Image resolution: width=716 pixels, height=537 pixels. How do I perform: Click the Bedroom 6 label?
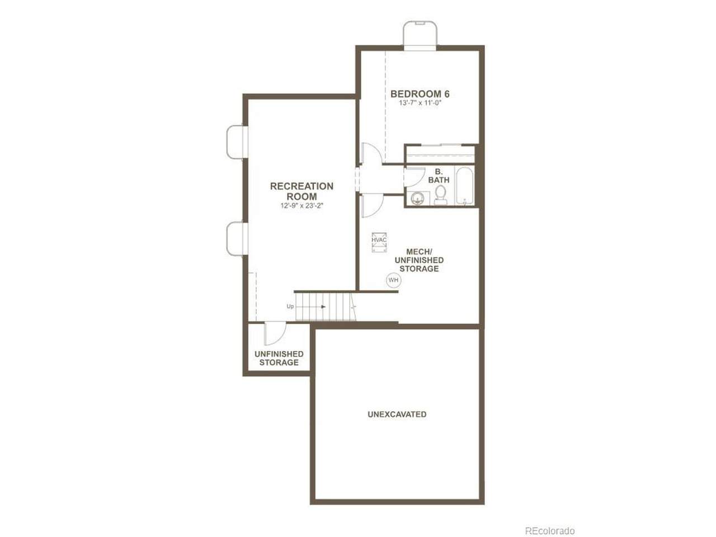[420, 94]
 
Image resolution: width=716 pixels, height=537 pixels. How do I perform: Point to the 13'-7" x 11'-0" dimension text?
[420, 103]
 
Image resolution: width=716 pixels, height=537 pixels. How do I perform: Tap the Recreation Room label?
[302, 191]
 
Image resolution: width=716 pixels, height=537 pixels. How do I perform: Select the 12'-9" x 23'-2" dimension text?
[302, 206]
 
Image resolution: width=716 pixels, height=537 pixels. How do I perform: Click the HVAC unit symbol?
[379, 242]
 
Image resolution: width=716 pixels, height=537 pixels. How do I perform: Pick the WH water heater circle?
[393, 280]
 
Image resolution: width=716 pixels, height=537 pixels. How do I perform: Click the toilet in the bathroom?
[440, 195]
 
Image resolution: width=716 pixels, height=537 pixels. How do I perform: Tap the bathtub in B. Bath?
[464, 186]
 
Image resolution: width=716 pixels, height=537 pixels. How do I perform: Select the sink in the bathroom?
[417, 198]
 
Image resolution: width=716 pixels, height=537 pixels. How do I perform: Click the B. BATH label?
[439, 176]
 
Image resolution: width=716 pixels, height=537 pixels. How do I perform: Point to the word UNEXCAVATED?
[397, 414]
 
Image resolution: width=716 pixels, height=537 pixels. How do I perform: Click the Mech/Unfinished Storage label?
[419, 260]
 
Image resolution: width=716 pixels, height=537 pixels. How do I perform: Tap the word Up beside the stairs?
[290, 307]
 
